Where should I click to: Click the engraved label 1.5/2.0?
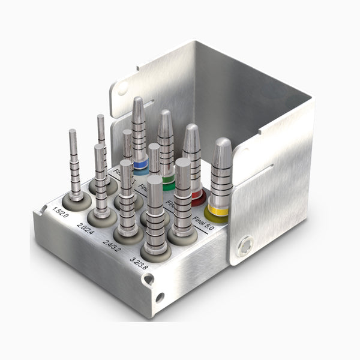[61, 212]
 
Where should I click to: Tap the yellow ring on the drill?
[217, 211]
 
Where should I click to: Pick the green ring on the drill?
[169, 178]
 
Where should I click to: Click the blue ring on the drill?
[140, 163]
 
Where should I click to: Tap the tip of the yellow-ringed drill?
[222, 142]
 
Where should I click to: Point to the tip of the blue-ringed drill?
[138, 100]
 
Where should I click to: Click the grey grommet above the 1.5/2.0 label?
[76, 200]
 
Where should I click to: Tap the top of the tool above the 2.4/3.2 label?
[126, 163]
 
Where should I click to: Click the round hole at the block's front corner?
[159, 297]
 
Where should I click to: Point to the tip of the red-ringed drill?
[191, 127]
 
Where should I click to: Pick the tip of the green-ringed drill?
[165, 113]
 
